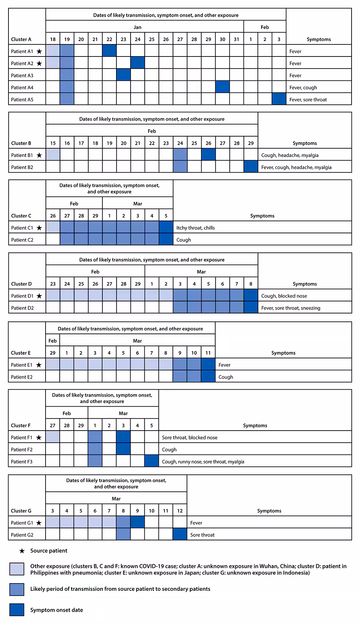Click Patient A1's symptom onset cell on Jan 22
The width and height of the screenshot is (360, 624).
click(109, 51)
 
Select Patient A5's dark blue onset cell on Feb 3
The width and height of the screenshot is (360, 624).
click(279, 99)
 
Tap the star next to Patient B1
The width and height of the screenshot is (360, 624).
click(39, 155)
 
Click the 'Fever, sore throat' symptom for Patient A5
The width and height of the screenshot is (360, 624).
click(308, 100)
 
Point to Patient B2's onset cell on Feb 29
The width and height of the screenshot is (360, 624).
click(251, 167)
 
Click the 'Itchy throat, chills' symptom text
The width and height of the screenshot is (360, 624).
click(196, 228)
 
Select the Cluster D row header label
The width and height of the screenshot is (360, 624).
click(21, 284)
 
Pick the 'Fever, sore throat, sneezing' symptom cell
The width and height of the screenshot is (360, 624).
click(291, 308)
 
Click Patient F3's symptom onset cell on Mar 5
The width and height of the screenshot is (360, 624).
click(151, 461)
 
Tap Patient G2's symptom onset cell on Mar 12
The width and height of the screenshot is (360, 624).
click(180, 535)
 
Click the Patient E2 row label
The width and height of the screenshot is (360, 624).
click(22, 377)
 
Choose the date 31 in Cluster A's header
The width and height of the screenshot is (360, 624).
click(236, 39)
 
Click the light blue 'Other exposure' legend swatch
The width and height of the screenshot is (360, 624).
click(17, 569)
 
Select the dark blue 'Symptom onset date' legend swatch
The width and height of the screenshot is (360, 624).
click(17, 610)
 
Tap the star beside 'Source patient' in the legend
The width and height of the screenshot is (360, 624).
click(22, 551)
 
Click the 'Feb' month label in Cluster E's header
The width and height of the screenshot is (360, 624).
click(53, 341)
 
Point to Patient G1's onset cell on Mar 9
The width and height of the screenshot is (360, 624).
click(137, 523)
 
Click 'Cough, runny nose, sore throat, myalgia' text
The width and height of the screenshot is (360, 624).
click(203, 462)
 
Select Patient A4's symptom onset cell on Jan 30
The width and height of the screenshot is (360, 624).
click(222, 87)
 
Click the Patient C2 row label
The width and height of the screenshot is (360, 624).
click(22, 240)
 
